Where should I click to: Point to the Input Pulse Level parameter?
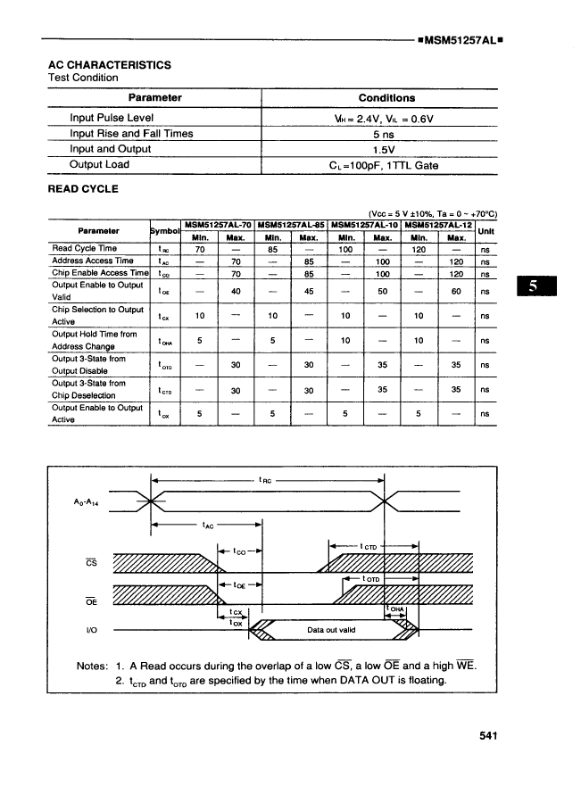click(112, 118)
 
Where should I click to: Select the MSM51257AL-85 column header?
click(292, 224)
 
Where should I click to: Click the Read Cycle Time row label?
click(85, 249)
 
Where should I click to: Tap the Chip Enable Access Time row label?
click(99, 273)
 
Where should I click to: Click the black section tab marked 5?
click(535, 287)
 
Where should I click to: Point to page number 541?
click(486, 736)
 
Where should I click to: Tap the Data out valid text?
click(331, 629)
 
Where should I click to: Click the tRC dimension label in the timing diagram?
click(265, 480)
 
